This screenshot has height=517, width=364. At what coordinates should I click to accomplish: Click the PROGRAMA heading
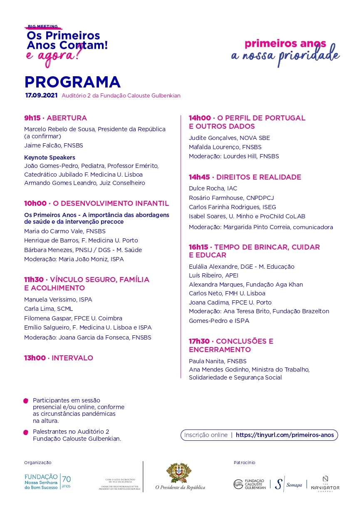click(x=72, y=82)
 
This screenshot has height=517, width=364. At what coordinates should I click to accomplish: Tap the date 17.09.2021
click(x=41, y=95)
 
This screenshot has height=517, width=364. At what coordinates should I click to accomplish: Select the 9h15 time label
click(x=32, y=118)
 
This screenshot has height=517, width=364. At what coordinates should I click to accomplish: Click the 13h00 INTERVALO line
click(x=58, y=358)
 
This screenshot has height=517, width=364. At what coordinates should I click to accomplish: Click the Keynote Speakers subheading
click(x=50, y=157)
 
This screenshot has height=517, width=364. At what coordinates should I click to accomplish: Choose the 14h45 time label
click(x=199, y=177)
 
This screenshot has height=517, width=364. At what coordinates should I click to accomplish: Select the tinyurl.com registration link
click(x=285, y=435)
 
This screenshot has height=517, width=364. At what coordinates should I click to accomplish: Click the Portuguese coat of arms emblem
click(x=179, y=473)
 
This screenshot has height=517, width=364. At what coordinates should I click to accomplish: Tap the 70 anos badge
click(x=66, y=481)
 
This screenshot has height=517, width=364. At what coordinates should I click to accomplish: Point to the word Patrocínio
click(x=244, y=462)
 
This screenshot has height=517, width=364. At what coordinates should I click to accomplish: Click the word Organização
click(x=38, y=462)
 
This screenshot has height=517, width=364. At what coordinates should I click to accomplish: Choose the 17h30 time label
click(x=199, y=341)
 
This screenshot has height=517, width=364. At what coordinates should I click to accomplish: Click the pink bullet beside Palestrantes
click(x=26, y=432)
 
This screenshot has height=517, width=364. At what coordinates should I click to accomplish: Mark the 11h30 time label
click(x=34, y=280)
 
